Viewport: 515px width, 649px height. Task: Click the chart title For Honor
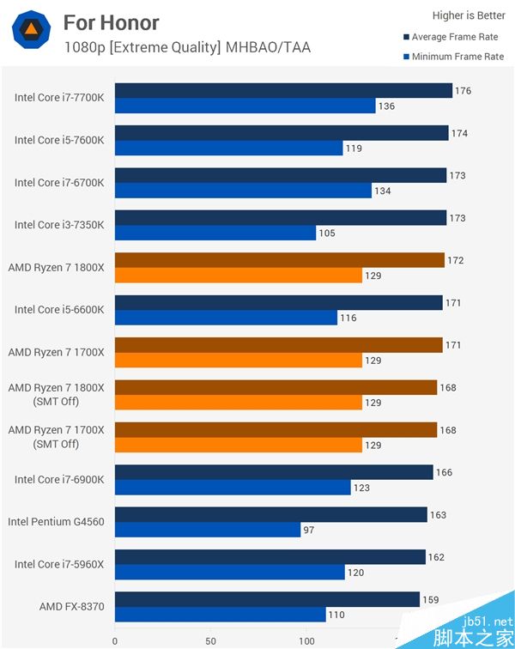coord(111,22)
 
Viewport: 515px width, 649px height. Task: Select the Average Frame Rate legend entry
coord(454,37)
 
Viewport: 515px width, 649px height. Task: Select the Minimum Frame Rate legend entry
coord(453,57)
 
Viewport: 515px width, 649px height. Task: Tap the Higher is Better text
coord(469,15)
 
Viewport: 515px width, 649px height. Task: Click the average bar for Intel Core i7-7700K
coord(283,91)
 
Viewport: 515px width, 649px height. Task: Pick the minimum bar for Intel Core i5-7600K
coord(228,149)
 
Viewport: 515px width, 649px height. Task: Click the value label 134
coord(382,191)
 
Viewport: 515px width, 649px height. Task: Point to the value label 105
coord(327,234)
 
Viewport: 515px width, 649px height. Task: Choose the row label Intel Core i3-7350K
coord(59,225)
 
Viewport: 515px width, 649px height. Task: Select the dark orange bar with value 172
coord(279,260)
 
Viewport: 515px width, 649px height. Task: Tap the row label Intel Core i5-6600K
coord(59,309)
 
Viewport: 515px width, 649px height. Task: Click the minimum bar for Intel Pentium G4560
coord(208,531)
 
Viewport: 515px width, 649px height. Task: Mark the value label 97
coord(310,531)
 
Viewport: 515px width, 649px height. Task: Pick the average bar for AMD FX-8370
coord(267,599)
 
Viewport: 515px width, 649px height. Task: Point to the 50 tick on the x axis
coord(210,640)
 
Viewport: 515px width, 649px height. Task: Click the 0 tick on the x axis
coord(115,640)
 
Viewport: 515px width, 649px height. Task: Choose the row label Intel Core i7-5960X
coord(59,564)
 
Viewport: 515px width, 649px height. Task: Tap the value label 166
coord(445,472)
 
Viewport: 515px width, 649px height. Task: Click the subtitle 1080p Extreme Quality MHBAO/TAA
coord(187,48)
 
